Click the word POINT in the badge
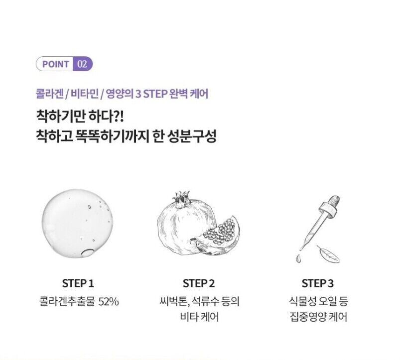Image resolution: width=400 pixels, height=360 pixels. pyautogui.click(x=56, y=64)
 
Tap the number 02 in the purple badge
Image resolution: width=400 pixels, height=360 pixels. pyautogui.click(x=82, y=64)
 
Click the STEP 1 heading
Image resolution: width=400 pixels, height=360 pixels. pyautogui.click(x=78, y=283)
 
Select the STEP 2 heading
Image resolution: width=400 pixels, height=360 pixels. pyautogui.click(x=199, y=283)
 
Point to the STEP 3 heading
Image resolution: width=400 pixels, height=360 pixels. pyautogui.click(x=318, y=283)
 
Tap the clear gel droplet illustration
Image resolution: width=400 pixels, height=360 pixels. pyautogui.click(x=77, y=223)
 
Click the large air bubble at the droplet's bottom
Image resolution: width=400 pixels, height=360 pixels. pyautogui.click(x=88, y=252)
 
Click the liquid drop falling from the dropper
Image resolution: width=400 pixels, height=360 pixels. pyautogui.click(x=298, y=258)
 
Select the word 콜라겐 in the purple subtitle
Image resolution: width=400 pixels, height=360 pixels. pyautogui.click(x=50, y=94)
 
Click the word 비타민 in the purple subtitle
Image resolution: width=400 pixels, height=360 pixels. pyautogui.click(x=85, y=94)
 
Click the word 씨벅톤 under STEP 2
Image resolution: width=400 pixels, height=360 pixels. pyautogui.click(x=174, y=302)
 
